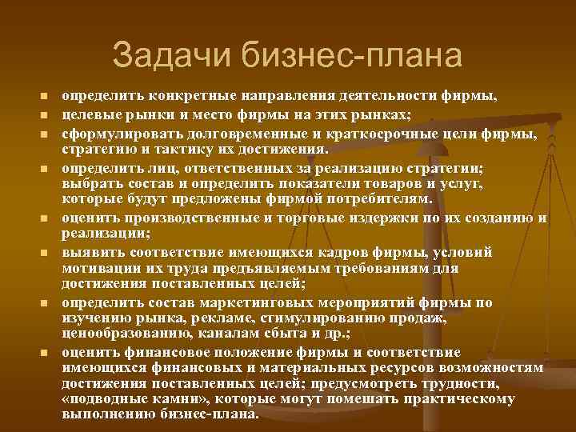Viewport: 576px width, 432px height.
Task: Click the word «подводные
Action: coord(103,399)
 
